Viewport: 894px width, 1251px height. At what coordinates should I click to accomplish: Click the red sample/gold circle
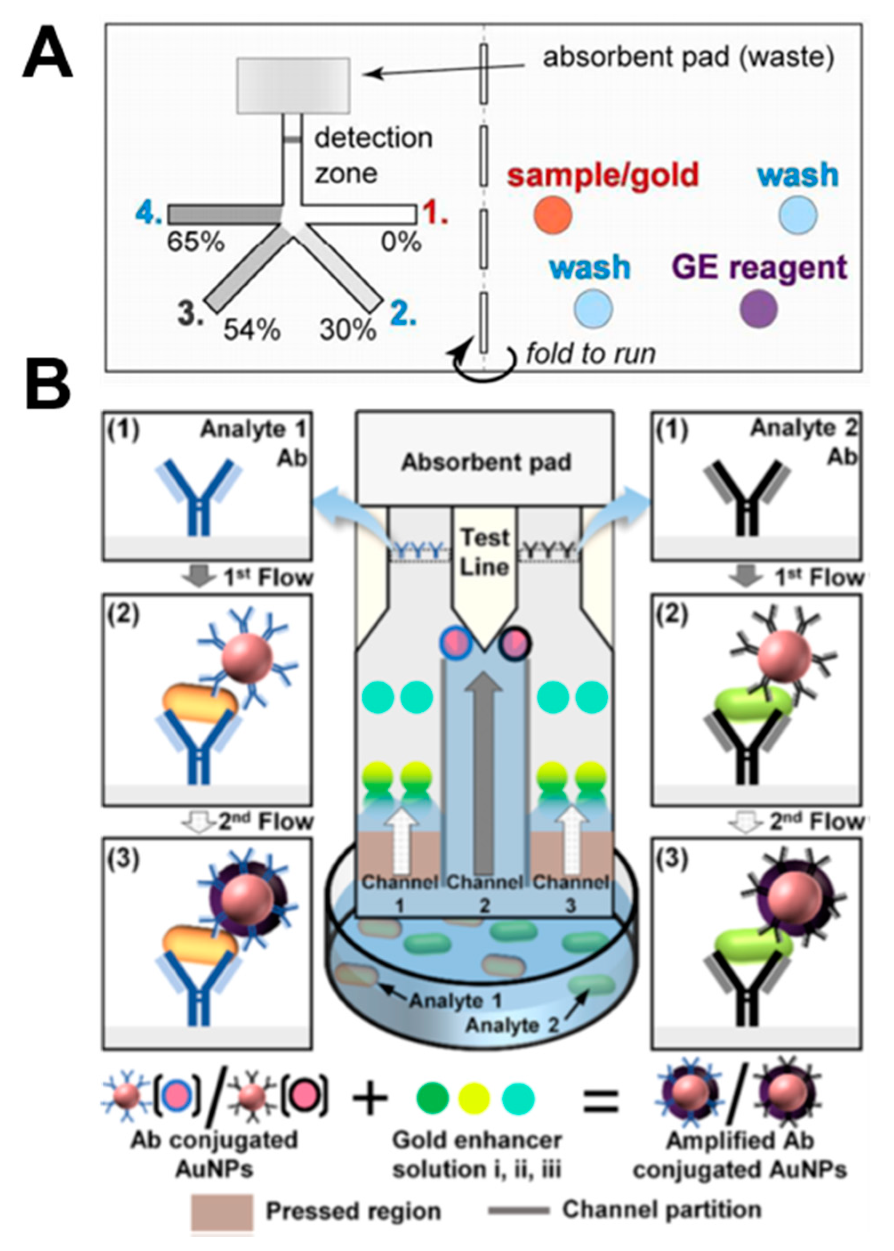click(x=553, y=215)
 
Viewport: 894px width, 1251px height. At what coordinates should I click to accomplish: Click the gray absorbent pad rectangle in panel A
click(x=293, y=85)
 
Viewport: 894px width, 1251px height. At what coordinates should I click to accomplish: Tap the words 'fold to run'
click(x=591, y=353)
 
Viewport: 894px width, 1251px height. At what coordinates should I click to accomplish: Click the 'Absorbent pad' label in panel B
click(x=486, y=462)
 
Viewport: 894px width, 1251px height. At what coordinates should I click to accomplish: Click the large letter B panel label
click(x=48, y=384)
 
